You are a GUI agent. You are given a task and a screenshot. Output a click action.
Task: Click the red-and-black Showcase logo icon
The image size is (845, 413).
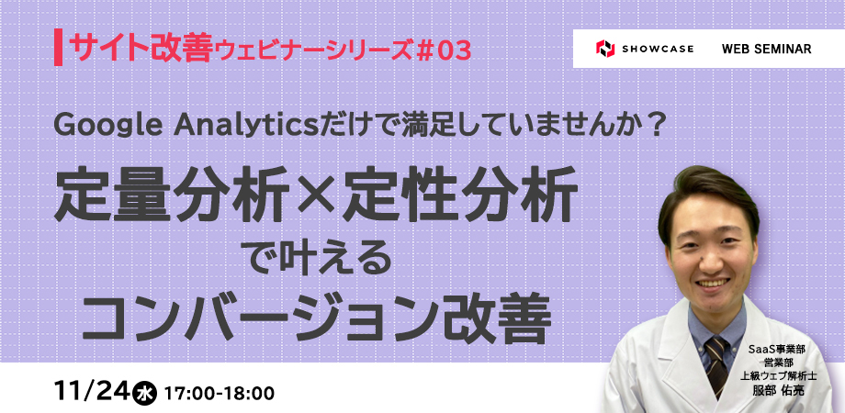(x=605, y=49)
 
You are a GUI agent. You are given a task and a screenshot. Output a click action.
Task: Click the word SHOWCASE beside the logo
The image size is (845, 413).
(x=658, y=49)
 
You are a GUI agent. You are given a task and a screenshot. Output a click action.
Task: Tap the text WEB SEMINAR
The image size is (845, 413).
(x=766, y=49)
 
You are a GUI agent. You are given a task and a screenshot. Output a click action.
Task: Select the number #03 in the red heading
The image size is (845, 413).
(x=444, y=51)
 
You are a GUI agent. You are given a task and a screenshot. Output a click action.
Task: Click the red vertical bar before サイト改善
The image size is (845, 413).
(x=58, y=49)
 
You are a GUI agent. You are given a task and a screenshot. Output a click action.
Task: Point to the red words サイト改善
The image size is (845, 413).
(x=141, y=50)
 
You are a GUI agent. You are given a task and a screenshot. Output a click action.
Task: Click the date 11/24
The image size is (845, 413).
(x=92, y=392)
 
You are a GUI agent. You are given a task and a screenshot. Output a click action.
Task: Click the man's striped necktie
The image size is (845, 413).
(x=715, y=366)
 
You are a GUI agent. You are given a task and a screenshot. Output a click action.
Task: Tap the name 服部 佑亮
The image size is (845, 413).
(x=778, y=390)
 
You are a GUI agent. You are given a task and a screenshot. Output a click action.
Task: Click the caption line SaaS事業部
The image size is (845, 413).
(x=776, y=350)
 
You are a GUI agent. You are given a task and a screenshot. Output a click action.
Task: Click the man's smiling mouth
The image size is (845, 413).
(x=713, y=282)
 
